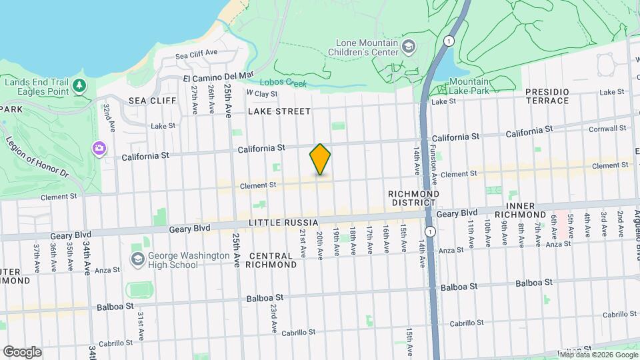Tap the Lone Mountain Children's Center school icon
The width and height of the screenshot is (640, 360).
409,47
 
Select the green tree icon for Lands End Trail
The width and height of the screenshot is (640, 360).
79,85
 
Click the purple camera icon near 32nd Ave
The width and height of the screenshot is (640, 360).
100,147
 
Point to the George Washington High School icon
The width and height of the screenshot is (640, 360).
138,259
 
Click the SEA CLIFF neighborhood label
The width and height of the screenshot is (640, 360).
153,101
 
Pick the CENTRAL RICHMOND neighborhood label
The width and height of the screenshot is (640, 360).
272,260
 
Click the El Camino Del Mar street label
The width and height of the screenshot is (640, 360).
219,77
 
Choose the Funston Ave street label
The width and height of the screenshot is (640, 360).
433,165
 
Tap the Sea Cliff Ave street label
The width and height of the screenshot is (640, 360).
197,53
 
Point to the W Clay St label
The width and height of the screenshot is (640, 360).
261,93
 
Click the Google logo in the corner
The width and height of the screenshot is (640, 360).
22,352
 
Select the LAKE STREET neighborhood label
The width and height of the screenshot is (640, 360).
279,111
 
